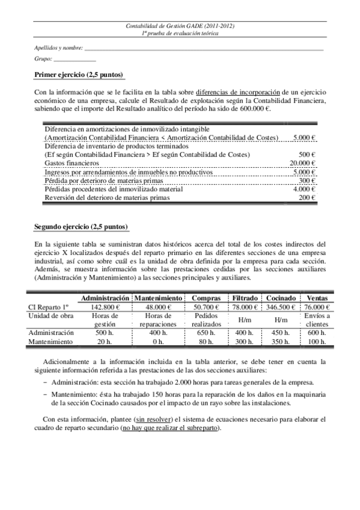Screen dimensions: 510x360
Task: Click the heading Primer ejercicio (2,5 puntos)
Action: (79, 75)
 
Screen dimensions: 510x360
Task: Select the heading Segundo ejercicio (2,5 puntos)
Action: (81, 227)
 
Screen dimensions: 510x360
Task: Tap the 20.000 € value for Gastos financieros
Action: (303, 163)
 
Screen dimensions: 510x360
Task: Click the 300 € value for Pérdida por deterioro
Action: (308, 180)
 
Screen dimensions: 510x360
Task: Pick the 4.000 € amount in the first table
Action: (305, 189)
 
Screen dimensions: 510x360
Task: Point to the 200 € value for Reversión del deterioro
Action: (308, 197)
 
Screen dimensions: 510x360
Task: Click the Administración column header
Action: (105, 298)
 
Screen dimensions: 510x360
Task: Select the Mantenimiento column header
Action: (159, 298)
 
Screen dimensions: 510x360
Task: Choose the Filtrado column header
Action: (245, 298)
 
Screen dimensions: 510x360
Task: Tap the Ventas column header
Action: (317, 298)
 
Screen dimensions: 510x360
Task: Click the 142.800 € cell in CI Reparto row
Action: (105, 307)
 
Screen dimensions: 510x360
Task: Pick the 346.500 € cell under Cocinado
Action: (281, 307)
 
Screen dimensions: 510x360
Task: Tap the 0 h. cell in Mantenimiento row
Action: (159, 342)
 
